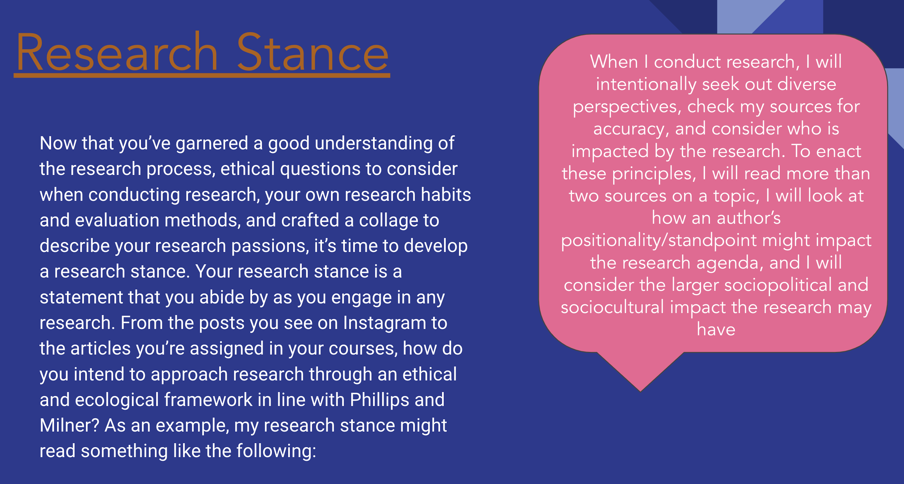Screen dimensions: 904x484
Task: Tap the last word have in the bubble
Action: click(x=716, y=330)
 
